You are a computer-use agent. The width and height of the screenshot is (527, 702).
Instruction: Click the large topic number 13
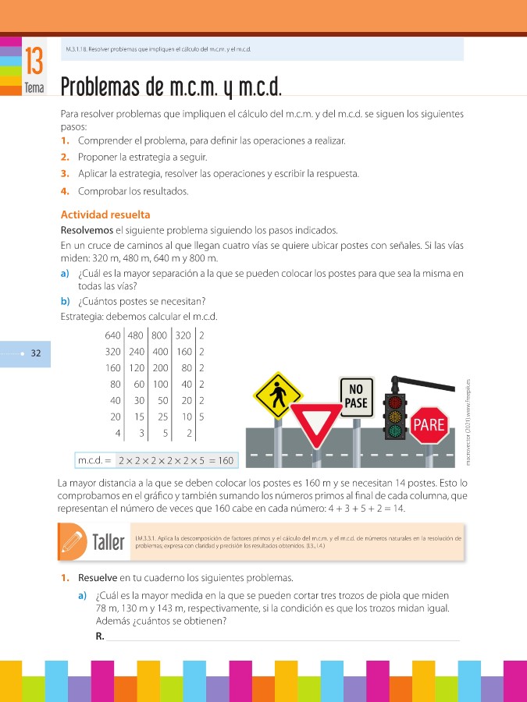(34, 60)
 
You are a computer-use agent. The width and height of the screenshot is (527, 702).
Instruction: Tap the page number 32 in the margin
(36, 353)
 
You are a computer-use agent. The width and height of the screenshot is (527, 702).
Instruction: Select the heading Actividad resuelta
(105, 214)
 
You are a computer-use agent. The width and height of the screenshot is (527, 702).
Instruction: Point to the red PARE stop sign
(429, 425)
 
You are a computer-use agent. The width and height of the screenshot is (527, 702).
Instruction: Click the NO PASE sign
(356, 395)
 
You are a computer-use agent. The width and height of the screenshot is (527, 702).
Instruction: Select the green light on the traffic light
(395, 430)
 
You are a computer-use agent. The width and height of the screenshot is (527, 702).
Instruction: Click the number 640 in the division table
(113, 335)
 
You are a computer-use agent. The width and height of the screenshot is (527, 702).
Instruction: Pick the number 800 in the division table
(161, 335)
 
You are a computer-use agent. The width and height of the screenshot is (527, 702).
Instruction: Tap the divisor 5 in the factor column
(201, 417)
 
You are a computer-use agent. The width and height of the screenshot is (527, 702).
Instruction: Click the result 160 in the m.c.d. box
(226, 460)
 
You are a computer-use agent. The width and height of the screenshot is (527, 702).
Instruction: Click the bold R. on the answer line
(99, 636)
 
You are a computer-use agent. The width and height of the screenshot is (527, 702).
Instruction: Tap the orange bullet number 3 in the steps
(64, 173)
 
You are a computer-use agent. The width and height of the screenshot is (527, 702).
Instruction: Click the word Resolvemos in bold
(86, 230)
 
